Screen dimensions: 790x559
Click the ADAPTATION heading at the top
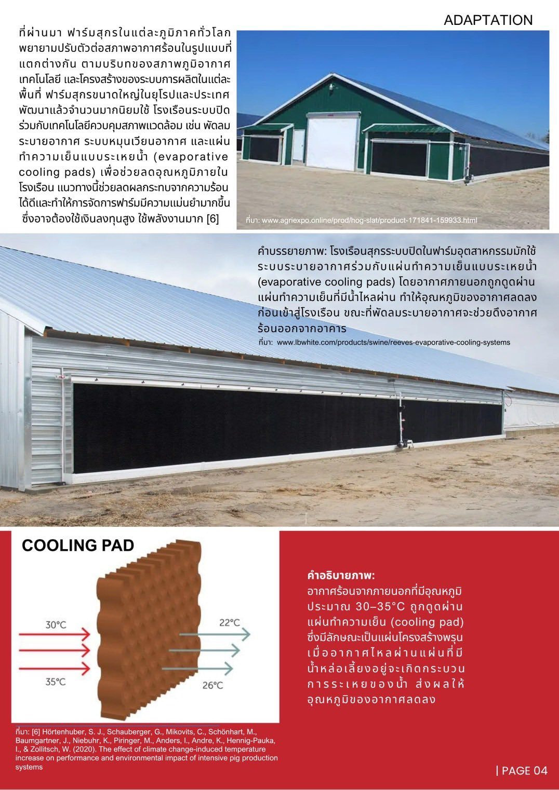tap(488, 20)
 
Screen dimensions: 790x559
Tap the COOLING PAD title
tap(78, 545)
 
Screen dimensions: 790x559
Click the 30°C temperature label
tap(56, 624)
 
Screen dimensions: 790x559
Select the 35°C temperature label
tap(56, 681)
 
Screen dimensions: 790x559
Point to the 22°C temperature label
tap(229, 622)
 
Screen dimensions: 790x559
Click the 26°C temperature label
tap(212, 685)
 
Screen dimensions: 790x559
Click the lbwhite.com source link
tap(393, 343)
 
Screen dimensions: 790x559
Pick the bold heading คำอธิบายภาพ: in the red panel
tap(341, 575)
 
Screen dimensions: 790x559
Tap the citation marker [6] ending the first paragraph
tap(212, 219)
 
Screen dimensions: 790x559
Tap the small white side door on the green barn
tap(299, 146)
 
